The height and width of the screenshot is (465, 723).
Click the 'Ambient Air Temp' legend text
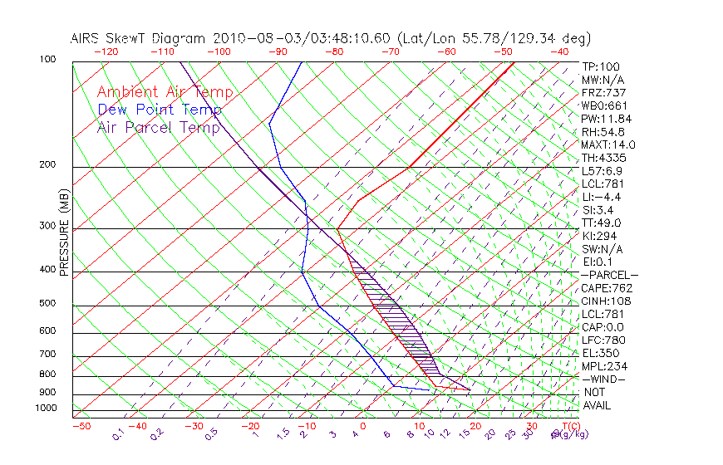(x=165, y=92)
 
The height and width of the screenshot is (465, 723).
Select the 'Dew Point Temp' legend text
(x=160, y=110)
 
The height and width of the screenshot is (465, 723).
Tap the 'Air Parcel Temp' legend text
(x=159, y=127)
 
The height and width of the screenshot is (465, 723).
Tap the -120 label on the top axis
(x=106, y=51)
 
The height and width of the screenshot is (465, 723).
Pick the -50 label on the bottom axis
(x=81, y=426)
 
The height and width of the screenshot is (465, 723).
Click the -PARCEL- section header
(x=609, y=275)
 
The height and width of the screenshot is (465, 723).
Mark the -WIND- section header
(x=603, y=379)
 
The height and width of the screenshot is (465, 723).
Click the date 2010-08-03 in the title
(x=255, y=38)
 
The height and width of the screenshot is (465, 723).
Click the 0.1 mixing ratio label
(x=118, y=434)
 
